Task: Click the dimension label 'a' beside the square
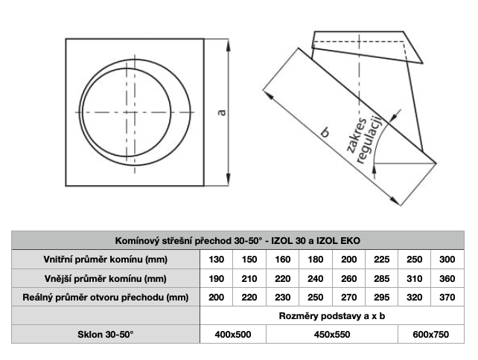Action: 222,112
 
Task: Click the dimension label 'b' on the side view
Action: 325,133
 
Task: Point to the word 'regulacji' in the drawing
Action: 370,140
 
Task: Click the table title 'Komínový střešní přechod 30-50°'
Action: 188,241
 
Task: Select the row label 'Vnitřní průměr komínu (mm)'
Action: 106,260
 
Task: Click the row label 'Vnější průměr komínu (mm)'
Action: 106,279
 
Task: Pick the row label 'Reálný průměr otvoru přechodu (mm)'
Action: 106,298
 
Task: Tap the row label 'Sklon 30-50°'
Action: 106,335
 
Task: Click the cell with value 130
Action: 217,260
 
